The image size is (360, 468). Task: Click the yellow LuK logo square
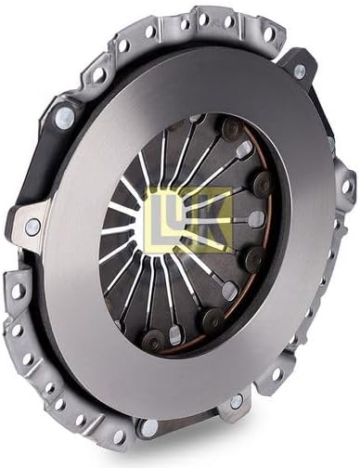point(188,220)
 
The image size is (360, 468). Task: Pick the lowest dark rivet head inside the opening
point(153,339)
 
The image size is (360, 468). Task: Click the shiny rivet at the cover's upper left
point(65,116)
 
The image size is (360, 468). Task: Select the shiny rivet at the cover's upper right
point(300,71)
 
